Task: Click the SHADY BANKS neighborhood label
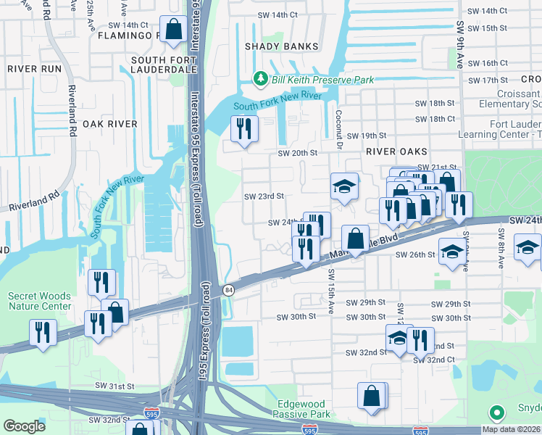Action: coord(281,46)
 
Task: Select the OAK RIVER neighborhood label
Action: coord(110,124)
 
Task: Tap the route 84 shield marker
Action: coord(228,290)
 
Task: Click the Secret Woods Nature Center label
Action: coord(40,301)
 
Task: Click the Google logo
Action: coord(24,426)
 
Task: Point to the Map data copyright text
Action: coord(510,429)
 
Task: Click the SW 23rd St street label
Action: coord(263,196)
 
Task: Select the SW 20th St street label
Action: coord(298,153)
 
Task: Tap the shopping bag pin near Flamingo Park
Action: coord(173,30)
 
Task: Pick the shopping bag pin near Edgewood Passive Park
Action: coord(372,396)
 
